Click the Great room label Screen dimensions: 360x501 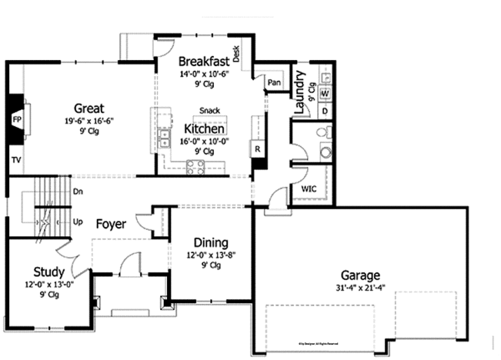click(x=89, y=108)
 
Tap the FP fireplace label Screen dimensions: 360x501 click(x=15, y=119)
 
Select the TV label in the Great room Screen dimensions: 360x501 click(x=15, y=159)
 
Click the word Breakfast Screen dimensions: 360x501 click(x=204, y=61)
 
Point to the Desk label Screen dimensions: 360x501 click(x=237, y=55)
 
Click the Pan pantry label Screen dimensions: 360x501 click(x=274, y=82)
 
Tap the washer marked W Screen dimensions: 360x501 click(x=324, y=94)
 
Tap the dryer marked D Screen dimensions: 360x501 click(x=324, y=110)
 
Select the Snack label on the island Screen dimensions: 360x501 click(x=210, y=111)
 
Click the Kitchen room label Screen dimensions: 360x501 click(x=204, y=129)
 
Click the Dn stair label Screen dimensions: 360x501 click(x=78, y=191)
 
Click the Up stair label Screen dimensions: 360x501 click(x=78, y=222)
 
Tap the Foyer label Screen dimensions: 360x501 click(x=111, y=224)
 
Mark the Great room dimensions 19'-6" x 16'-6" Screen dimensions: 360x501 click(x=89, y=120)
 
